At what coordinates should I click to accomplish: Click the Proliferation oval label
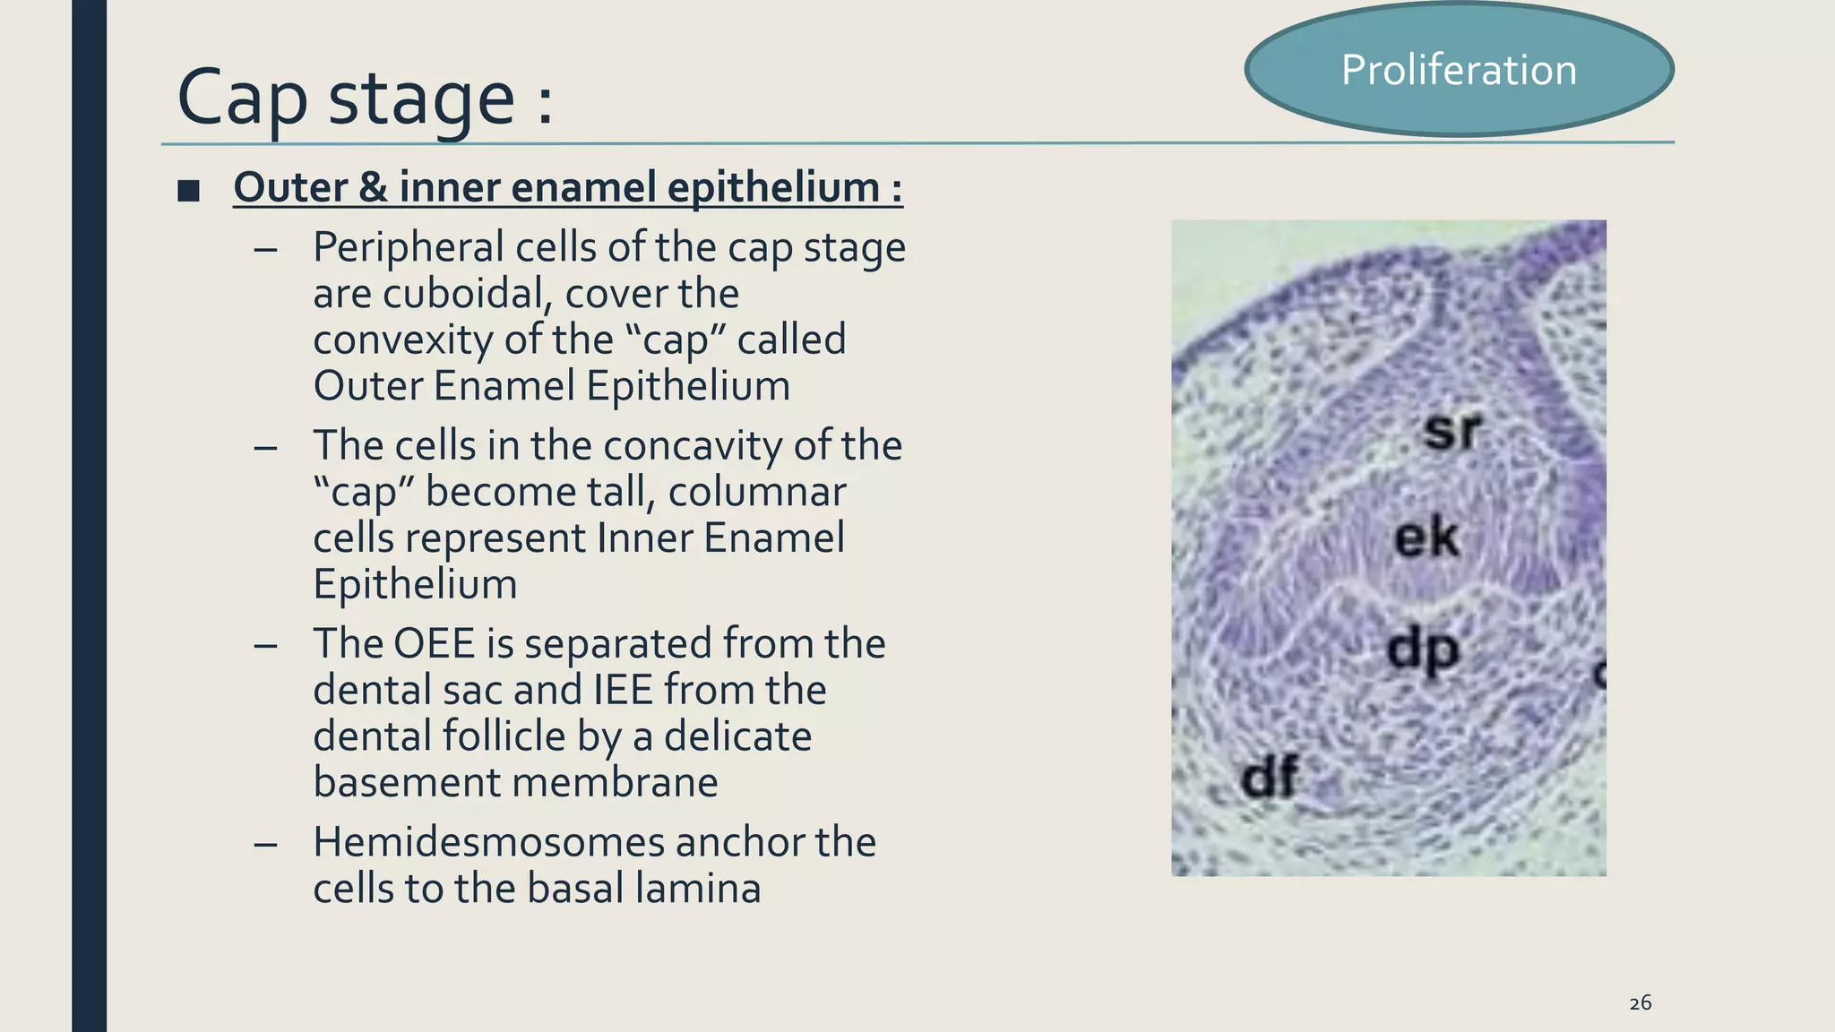[x=1459, y=70]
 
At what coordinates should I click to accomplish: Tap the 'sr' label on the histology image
[x=1452, y=430]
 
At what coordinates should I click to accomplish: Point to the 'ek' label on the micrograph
[x=1426, y=537]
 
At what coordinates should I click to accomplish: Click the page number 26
[x=1640, y=1003]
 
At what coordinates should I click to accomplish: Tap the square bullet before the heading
[x=188, y=190]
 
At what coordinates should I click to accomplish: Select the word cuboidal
[x=461, y=294]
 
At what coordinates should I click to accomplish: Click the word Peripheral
[x=409, y=247]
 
